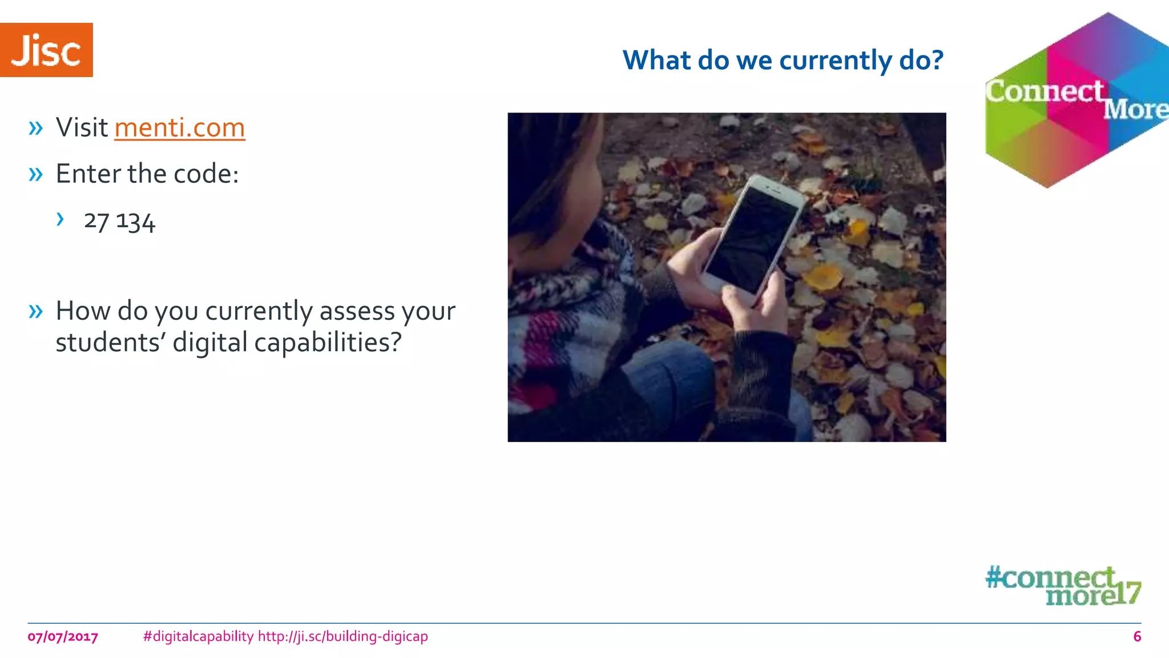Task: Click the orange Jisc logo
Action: click(x=46, y=50)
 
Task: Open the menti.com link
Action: click(x=179, y=127)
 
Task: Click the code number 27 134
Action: click(x=119, y=222)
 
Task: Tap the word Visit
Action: click(x=82, y=127)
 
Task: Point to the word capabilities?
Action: click(x=328, y=343)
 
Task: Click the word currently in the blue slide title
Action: click(x=835, y=61)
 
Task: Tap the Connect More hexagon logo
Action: click(x=1077, y=101)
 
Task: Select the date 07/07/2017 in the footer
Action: click(x=63, y=636)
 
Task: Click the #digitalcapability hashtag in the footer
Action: click(x=198, y=636)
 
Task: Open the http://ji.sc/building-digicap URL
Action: click(x=342, y=636)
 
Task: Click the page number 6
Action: click(x=1136, y=636)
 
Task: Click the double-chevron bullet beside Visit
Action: click(x=35, y=128)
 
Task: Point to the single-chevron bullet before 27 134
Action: click(x=60, y=219)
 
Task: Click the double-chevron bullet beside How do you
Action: click(x=35, y=311)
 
